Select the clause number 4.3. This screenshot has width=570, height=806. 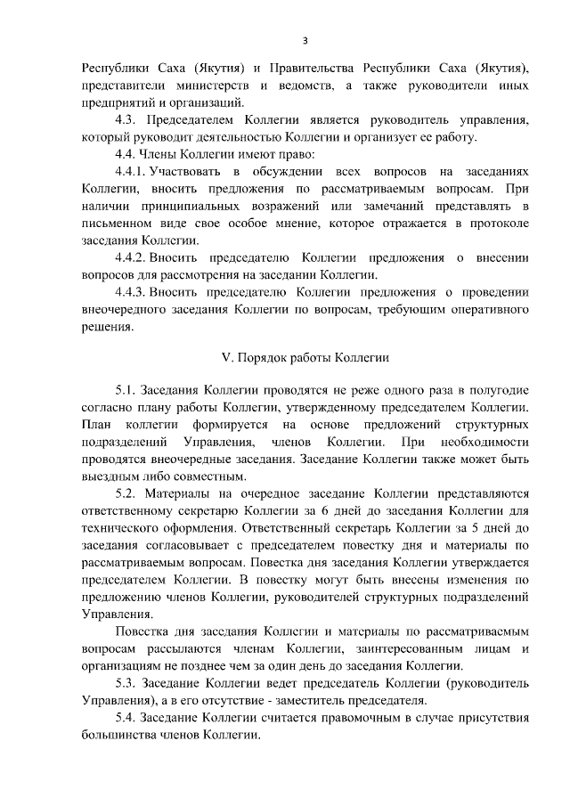pyautogui.click(x=129, y=119)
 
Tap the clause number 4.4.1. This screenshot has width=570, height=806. pyautogui.click(x=133, y=171)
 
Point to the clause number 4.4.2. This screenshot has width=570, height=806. pyautogui.click(x=133, y=257)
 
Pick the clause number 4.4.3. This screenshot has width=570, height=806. pyautogui.click(x=133, y=291)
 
